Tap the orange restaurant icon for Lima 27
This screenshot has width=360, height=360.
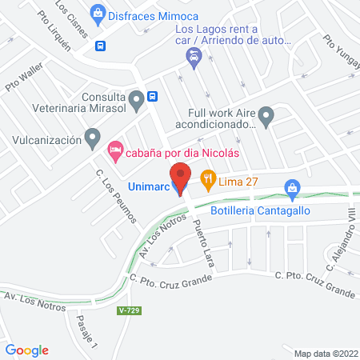(208, 180)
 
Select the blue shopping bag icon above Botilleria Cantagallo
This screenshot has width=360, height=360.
(292, 189)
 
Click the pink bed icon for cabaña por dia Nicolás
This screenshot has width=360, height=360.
(116, 149)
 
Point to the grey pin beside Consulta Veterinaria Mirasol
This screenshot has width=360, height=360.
(137, 100)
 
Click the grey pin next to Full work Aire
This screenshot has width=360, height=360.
(266, 116)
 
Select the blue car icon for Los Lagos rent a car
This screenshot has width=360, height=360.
(193, 57)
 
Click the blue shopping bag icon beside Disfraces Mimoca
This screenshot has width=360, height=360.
(98, 12)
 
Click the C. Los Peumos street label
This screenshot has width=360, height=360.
(116, 197)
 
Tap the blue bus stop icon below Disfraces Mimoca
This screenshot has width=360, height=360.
(99, 46)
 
